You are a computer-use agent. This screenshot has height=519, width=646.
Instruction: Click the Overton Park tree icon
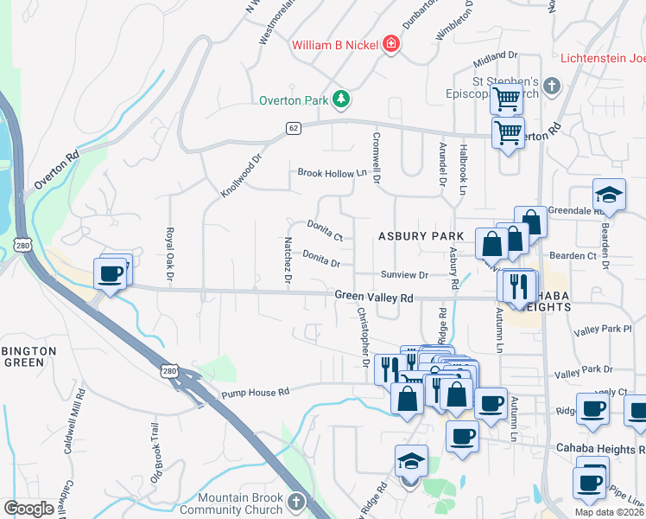click(342, 99)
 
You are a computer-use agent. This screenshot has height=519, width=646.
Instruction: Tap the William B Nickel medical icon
click(391, 44)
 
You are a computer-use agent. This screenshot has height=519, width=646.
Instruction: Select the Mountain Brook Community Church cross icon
click(295, 503)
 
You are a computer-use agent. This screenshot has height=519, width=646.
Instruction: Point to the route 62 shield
click(294, 128)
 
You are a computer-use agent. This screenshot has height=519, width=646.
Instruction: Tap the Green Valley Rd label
click(375, 297)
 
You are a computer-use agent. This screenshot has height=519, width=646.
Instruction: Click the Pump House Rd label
click(255, 393)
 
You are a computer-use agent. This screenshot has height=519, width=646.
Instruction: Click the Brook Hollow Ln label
click(332, 173)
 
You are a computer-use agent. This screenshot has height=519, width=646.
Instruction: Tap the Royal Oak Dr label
click(170, 254)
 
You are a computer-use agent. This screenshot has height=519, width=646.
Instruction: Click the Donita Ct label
click(325, 229)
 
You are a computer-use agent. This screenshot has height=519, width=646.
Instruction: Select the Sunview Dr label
click(405, 275)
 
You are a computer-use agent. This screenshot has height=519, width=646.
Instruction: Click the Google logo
click(28, 508)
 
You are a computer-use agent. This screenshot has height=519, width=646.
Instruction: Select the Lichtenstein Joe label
click(603, 59)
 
